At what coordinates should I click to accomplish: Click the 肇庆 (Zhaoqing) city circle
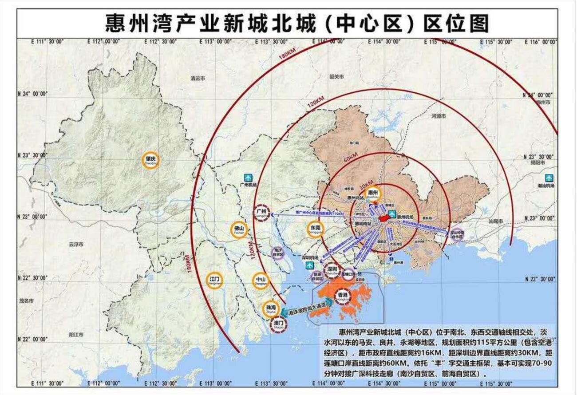[150, 160]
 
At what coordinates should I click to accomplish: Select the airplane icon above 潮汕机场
[549, 178]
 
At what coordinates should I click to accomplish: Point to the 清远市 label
[198, 79]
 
